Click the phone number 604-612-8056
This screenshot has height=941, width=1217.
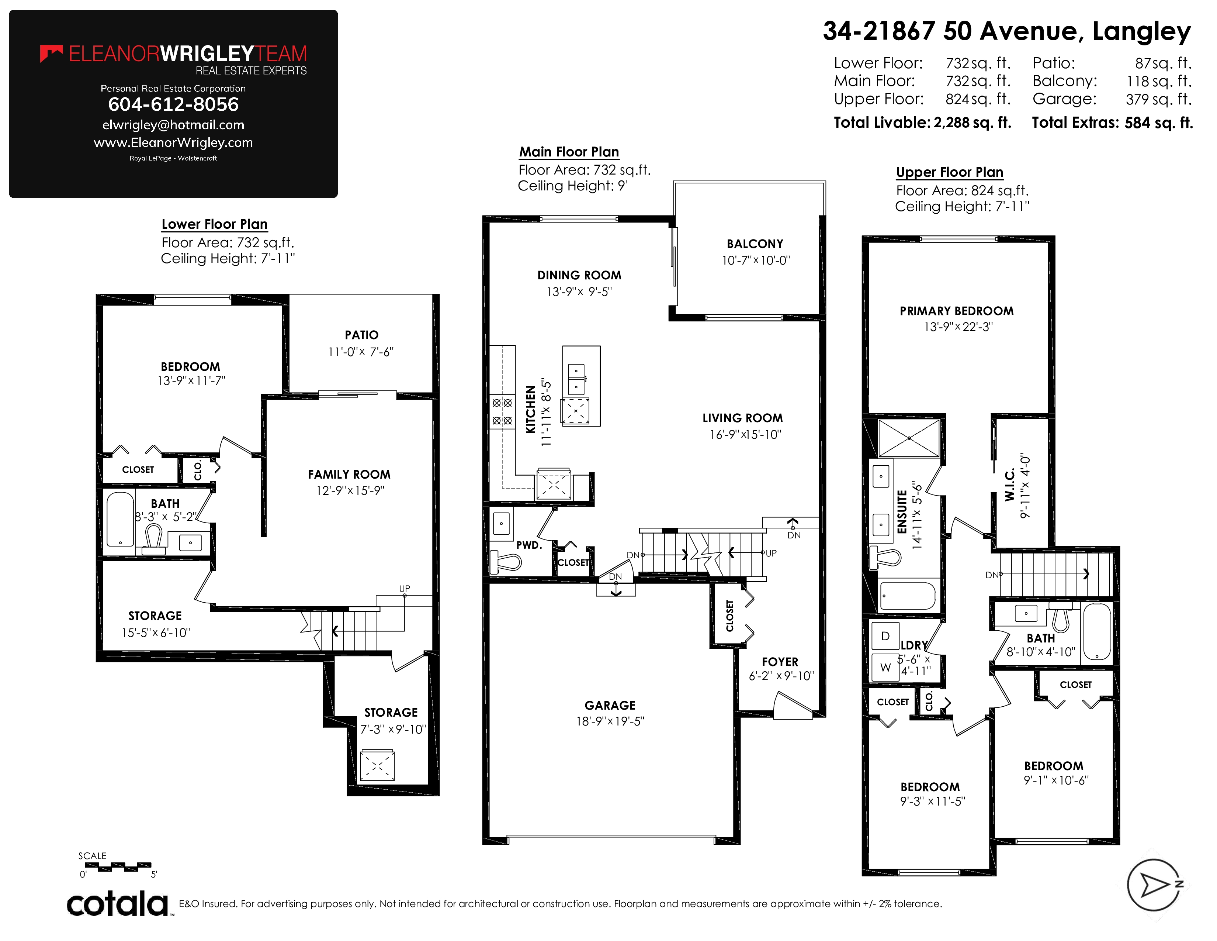tap(173, 104)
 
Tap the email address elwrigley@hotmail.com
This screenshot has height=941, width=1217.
tap(173, 125)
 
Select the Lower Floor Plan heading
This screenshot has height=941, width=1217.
tap(215, 224)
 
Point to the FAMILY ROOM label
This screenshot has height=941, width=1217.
tap(349, 475)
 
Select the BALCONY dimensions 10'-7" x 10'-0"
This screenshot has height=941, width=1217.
tap(756, 260)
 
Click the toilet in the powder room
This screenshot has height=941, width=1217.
tap(505, 561)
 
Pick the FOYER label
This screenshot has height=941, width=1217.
tap(780, 662)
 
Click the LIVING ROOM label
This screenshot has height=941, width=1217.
tap(743, 418)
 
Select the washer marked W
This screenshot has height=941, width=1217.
tap(885, 667)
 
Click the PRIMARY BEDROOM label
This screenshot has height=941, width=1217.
tap(957, 311)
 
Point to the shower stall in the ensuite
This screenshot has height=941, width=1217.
tap(909, 438)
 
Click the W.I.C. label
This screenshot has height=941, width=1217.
tap(1010, 485)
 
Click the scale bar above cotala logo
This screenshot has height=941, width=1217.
tap(118, 867)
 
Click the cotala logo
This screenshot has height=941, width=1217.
tap(118, 903)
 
